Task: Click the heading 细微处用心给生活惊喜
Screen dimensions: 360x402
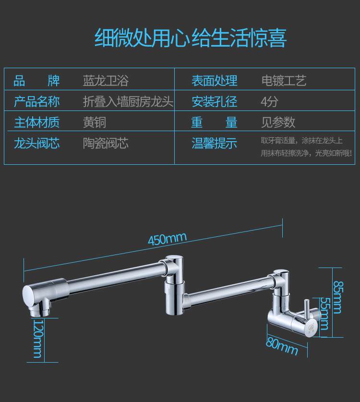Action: (190, 38)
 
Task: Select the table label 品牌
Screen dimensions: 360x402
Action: (36, 81)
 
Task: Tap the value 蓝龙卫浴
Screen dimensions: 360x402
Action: (106, 81)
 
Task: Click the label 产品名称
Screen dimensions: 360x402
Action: (36, 102)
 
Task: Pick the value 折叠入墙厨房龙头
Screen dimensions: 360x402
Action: (128, 102)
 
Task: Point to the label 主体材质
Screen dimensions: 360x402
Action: (36, 122)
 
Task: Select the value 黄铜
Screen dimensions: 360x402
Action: (94, 122)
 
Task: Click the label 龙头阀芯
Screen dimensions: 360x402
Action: (36, 143)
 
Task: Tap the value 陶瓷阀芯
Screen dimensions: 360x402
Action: (106, 143)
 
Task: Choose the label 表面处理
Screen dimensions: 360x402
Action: (214, 81)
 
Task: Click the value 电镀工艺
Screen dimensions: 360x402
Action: (284, 81)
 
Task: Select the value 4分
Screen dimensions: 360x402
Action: (269, 102)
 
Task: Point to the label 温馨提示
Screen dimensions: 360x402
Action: (214, 143)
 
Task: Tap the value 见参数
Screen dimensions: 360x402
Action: (278, 122)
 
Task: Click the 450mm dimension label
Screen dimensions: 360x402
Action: (167, 239)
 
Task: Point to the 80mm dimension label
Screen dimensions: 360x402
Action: (282, 346)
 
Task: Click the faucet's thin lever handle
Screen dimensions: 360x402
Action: (305, 312)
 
